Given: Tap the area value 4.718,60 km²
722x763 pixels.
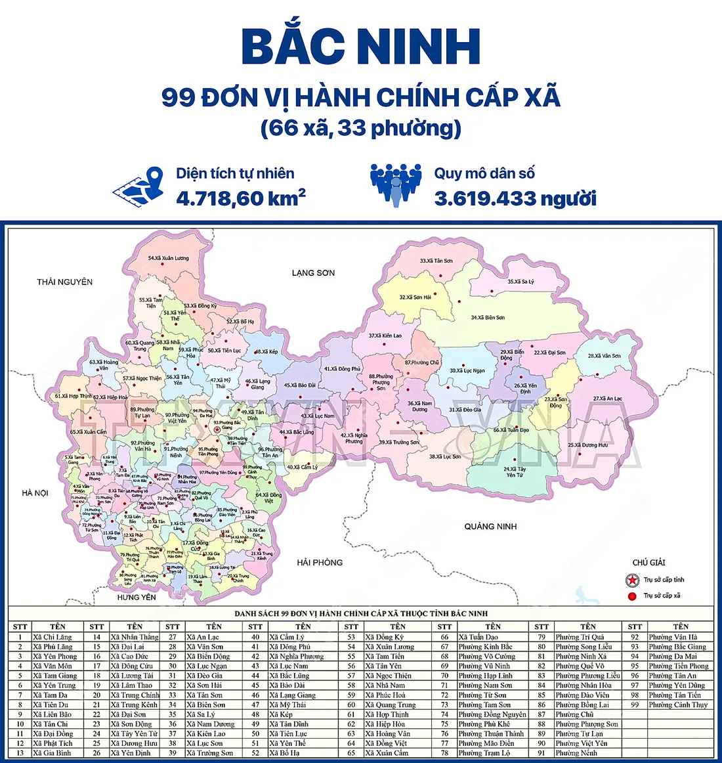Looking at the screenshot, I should (x=240, y=198).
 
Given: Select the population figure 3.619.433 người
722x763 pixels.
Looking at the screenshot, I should (x=515, y=198).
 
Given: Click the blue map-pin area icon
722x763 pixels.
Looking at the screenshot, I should (x=139, y=185).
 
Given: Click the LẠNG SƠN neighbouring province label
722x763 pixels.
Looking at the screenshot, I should (x=313, y=272).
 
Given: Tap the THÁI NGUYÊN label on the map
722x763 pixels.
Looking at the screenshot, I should (x=64, y=282).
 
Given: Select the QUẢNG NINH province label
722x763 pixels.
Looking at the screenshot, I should (x=490, y=526).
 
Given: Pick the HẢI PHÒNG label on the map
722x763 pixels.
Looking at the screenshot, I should (x=320, y=562).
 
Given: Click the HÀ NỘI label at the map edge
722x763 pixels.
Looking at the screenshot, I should (x=35, y=492).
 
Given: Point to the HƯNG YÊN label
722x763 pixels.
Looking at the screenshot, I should (x=137, y=597).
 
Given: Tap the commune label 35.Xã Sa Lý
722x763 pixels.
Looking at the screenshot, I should (x=520, y=282).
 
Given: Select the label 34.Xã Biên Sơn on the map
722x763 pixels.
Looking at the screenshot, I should (x=488, y=318).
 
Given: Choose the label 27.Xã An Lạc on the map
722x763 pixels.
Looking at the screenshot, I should (x=608, y=399).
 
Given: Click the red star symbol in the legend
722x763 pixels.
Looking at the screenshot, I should (x=632, y=580).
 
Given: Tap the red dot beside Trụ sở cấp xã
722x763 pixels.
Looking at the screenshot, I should (x=632, y=596).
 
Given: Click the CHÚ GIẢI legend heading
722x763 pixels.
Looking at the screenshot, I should (x=648, y=562).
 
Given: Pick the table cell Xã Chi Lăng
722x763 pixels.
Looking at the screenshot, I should (x=53, y=637).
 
